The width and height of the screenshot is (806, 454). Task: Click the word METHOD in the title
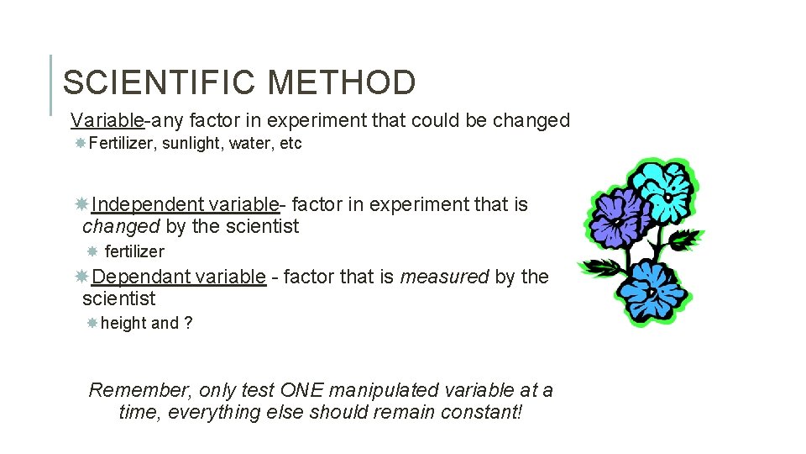pyautogui.click(x=342, y=82)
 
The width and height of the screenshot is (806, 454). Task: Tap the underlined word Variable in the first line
pyautogui.click(x=107, y=120)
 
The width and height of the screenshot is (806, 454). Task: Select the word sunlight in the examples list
pyautogui.click(x=189, y=144)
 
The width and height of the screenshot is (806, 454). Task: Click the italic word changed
pyautogui.click(x=121, y=226)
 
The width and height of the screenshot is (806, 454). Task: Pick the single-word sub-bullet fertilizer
pyautogui.click(x=134, y=251)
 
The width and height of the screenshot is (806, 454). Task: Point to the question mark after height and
pyautogui.click(x=188, y=324)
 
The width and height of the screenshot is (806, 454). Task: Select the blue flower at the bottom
pyautogui.click(x=656, y=290)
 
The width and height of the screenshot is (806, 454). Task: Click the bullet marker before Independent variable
pyautogui.click(x=81, y=204)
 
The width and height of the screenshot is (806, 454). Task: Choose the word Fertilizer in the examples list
pyautogui.click(x=122, y=144)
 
